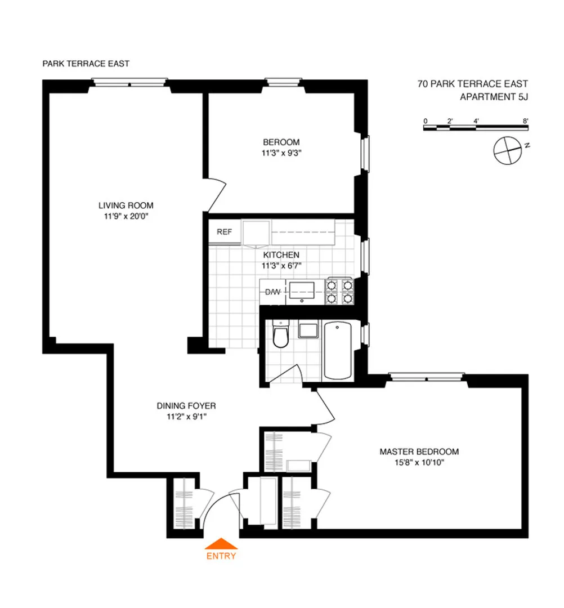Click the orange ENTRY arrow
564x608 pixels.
(221, 544)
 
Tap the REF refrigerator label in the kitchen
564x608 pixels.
(225, 232)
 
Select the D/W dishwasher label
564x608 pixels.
(273, 292)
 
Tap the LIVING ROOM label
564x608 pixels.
(126, 205)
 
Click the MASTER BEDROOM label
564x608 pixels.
(419, 451)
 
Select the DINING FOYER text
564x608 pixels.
(186, 405)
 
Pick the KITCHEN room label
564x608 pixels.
(281, 255)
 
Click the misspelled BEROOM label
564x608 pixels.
(281, 142)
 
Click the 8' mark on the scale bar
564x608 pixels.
(525, 120)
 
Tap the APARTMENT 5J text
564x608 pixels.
(494, 96)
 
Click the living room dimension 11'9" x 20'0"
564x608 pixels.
(126, 216)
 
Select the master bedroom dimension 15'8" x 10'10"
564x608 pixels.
(419, 462)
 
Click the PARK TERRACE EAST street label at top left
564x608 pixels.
(86, 64)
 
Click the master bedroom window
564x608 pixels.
(427, 377)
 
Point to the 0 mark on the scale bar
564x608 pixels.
(426, 120)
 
